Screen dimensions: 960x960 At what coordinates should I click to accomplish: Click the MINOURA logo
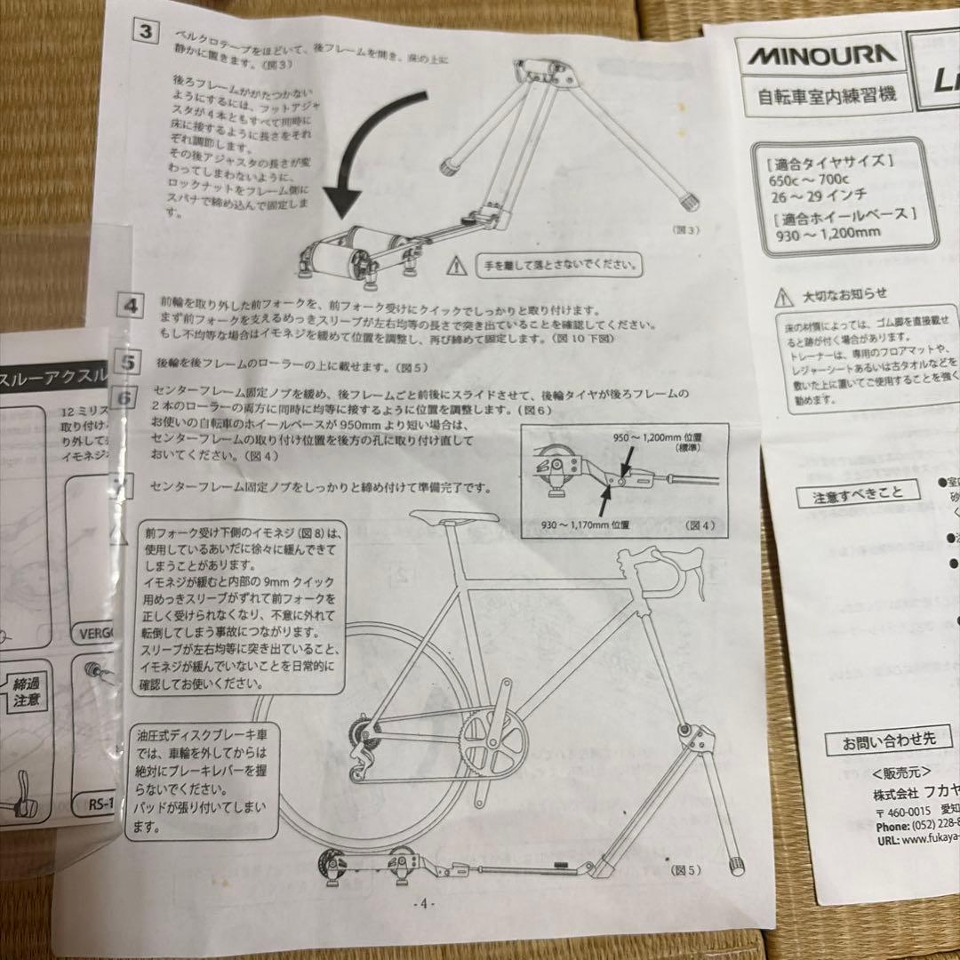click(820, 55)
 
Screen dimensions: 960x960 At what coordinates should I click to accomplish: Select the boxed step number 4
click(130, 308)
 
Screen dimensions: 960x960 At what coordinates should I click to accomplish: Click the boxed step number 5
click(129, 363)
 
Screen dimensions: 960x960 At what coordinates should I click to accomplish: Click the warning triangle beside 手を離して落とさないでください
click(457, 263)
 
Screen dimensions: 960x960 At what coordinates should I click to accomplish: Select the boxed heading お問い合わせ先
click(889, 739)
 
